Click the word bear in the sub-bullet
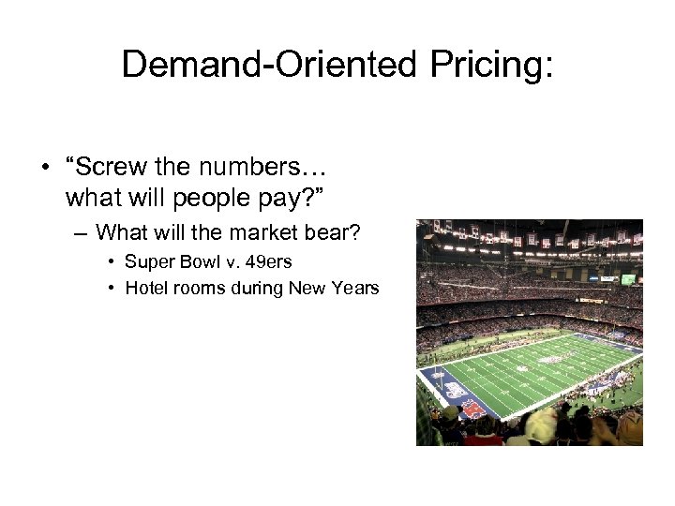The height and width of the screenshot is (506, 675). pyautogui.click(x=337, y=231)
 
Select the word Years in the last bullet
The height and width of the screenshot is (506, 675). pyautogui.click(x=357, y=288)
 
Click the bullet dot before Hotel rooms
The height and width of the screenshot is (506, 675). pyautogui.click(x=112, y=288)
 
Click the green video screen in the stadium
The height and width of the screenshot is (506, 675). pyautogui.click(x=628, y=279)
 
